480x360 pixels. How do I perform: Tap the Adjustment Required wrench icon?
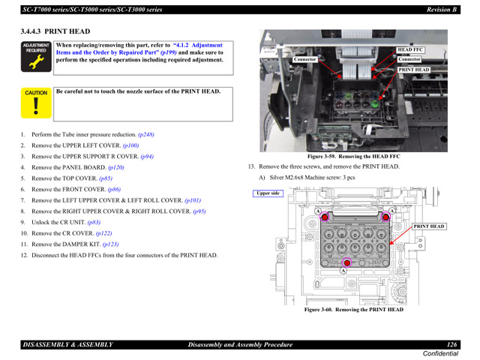click(36, 58)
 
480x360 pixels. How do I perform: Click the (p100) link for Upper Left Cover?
click(131, 145)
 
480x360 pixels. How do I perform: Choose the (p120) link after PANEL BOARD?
click(116, 168)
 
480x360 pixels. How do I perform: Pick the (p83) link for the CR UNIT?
click(94, 223)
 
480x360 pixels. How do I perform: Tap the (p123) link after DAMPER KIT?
click(110, 244)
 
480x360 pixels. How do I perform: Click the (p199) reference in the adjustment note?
click(169, 53)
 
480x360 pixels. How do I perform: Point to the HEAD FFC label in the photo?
click(411, 49)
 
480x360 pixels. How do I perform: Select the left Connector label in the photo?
click(305, 59)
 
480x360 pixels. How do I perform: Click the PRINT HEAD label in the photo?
click(414, 70)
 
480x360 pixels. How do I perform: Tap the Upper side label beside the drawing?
click(268, 193)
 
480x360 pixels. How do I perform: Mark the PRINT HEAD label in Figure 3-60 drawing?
click(429, 226)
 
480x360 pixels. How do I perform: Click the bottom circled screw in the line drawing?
click(346, 262)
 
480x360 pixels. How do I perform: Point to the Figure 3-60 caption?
click(352, 310)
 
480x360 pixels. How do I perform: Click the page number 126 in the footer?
click(451, 344)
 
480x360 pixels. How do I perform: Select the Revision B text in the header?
click(442, 10)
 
